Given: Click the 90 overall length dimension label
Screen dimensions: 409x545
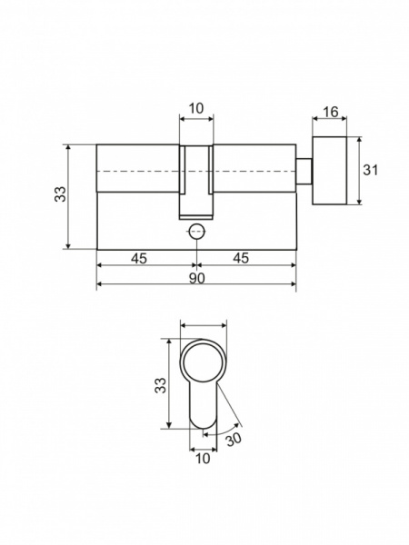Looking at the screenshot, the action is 197,278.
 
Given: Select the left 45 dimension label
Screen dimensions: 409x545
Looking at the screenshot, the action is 139,258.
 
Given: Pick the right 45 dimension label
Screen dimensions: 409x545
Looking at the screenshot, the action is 241,258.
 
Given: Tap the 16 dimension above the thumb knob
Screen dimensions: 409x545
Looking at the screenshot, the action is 331,112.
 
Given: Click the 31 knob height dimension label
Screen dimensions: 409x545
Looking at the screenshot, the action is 370,170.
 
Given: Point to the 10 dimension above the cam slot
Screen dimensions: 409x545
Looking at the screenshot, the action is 196,108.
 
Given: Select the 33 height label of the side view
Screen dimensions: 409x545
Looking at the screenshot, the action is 60,194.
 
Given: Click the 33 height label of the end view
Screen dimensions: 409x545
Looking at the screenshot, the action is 160,385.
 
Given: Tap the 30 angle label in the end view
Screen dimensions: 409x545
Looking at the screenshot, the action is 234,440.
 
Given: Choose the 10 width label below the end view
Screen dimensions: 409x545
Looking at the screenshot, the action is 203,459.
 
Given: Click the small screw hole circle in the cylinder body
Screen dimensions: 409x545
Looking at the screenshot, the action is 197,232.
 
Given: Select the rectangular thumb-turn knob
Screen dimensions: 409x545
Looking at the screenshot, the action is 330,171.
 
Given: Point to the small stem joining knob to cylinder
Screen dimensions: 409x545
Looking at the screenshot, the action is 304,172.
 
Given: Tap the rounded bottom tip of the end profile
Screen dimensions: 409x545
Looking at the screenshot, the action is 203,427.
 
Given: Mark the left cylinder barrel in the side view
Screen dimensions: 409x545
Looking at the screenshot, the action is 138,168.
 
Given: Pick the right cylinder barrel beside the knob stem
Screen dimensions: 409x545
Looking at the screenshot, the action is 254,168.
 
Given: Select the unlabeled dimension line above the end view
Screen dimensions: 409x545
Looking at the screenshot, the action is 203,326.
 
